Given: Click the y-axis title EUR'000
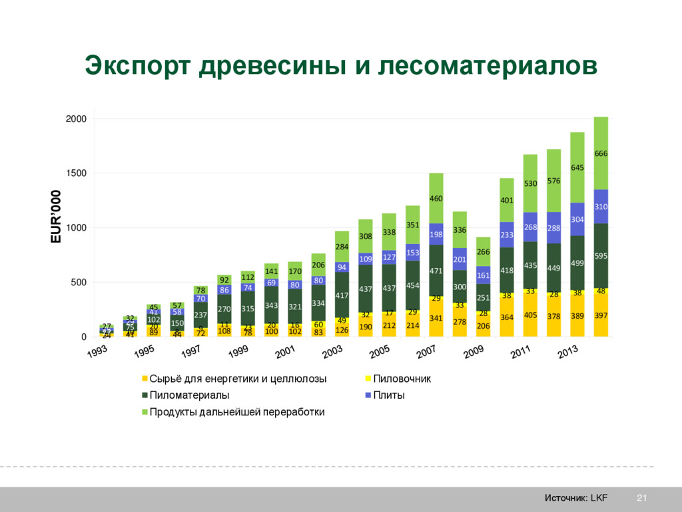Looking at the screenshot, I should coord(56,217).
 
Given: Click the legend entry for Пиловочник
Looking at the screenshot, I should coord(401,379).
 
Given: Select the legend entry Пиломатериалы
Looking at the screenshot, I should coord(188,395).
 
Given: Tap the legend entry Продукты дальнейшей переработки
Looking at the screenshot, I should coord(236,412).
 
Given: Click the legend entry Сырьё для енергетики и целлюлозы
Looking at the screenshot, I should coord(237,379).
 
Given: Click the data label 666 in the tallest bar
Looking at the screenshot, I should coord(601,153).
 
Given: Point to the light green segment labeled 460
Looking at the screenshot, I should coord(436,199).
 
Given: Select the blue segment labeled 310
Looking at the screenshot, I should coord(601,207).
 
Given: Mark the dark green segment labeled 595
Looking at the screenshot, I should coord(601,255).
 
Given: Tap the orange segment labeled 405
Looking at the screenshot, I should coord(530,315).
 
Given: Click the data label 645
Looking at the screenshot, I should coord(577,167).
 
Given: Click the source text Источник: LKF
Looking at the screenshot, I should coord(575,498).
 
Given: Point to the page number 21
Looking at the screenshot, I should coord(642,498).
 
